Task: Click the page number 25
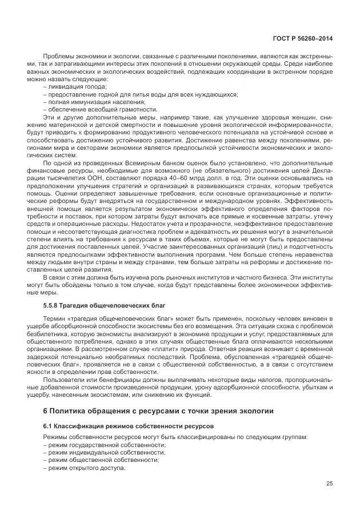tap(329, 483)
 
